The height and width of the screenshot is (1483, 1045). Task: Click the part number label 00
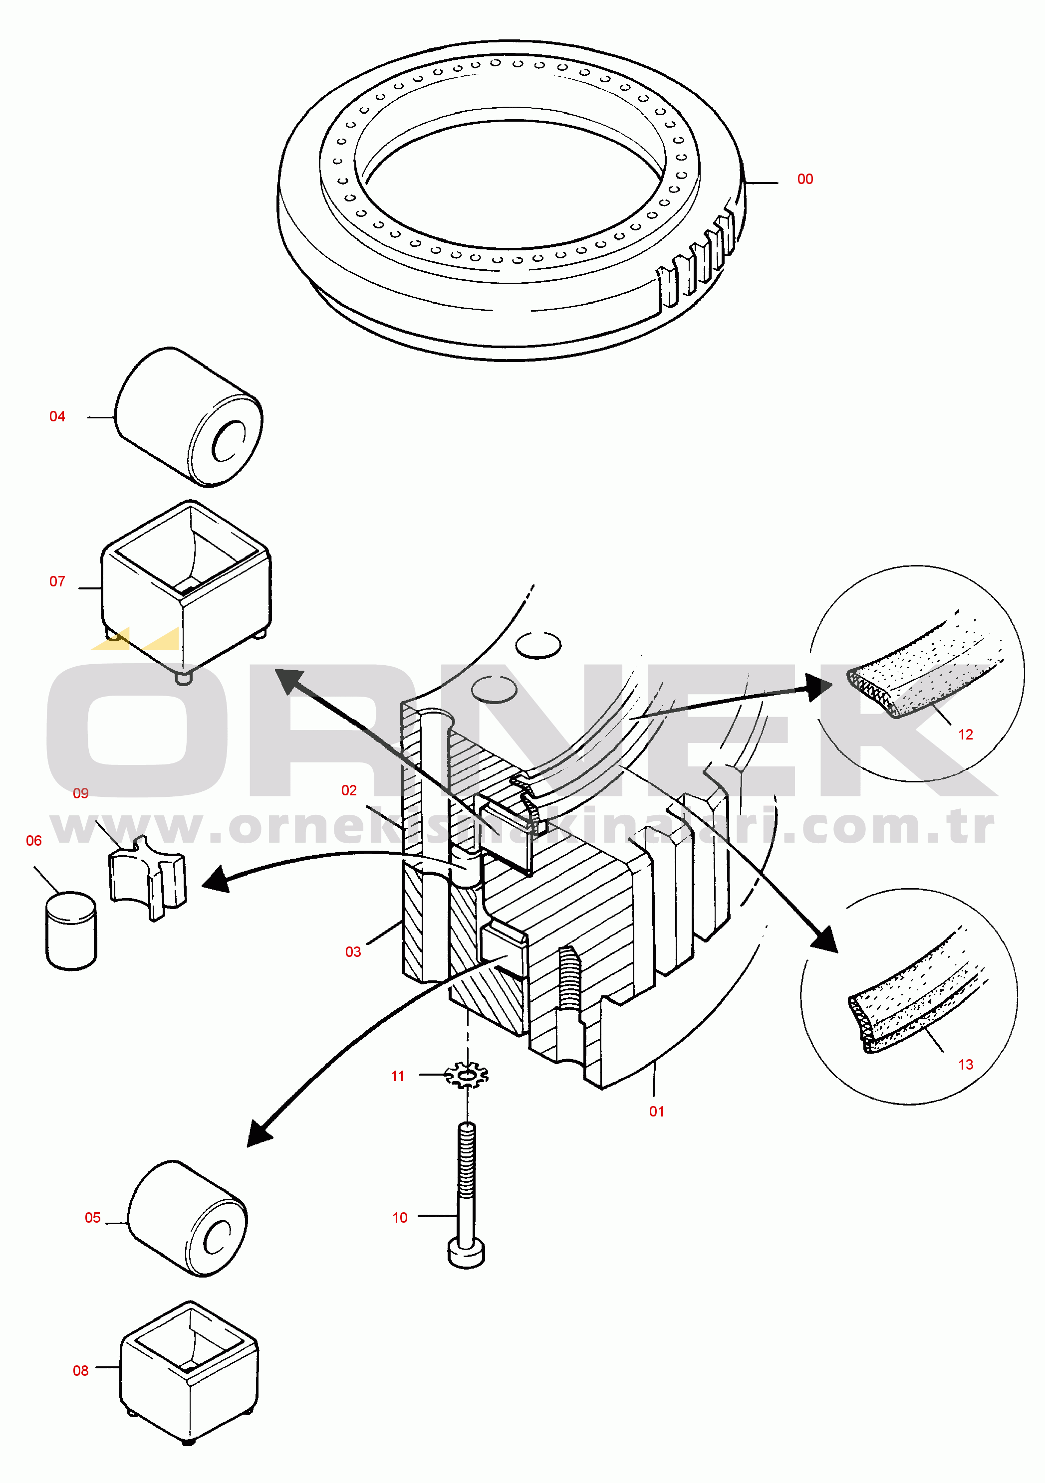pos(804,179)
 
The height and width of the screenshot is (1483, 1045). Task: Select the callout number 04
pos(57,416)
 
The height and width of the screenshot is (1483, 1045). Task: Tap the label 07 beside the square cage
pos(57,581)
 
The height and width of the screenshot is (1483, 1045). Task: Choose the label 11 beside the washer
pos(397,1076)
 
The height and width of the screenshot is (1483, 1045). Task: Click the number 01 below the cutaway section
pos(657,1111)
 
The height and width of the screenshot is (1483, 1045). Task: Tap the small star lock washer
pos(467,1075)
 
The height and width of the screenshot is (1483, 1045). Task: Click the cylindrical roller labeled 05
pos(188,1218)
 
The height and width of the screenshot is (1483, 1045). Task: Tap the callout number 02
pos(349,790)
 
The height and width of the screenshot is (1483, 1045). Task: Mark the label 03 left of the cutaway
pos(353,951)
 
